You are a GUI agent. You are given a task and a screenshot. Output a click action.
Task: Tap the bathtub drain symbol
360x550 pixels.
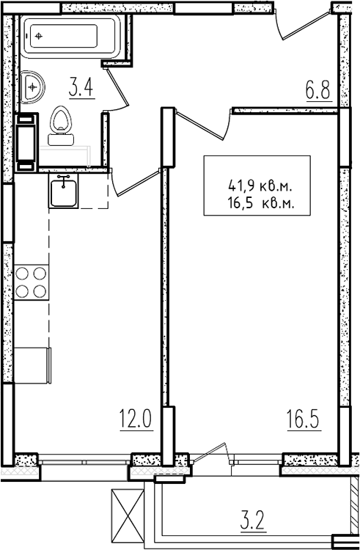pos(39,36)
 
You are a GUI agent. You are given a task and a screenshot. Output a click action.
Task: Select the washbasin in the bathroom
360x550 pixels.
pos(32,87)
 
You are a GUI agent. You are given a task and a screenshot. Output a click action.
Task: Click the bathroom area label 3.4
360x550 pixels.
pos(81,88)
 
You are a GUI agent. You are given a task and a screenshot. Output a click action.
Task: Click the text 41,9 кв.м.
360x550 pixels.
pos(260,186)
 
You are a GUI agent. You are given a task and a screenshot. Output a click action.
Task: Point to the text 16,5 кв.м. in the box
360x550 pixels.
pos(261,202)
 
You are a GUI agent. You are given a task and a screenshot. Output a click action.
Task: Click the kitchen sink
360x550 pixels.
pos(64,191)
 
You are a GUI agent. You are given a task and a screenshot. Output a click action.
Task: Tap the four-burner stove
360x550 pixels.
pos(32,282)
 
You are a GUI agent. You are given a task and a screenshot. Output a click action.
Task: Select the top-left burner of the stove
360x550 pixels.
pos(23,273)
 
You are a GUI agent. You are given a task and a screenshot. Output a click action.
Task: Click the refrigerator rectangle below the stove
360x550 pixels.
pos(32,365)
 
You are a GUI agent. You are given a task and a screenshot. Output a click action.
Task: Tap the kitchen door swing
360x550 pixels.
pos(135,183)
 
